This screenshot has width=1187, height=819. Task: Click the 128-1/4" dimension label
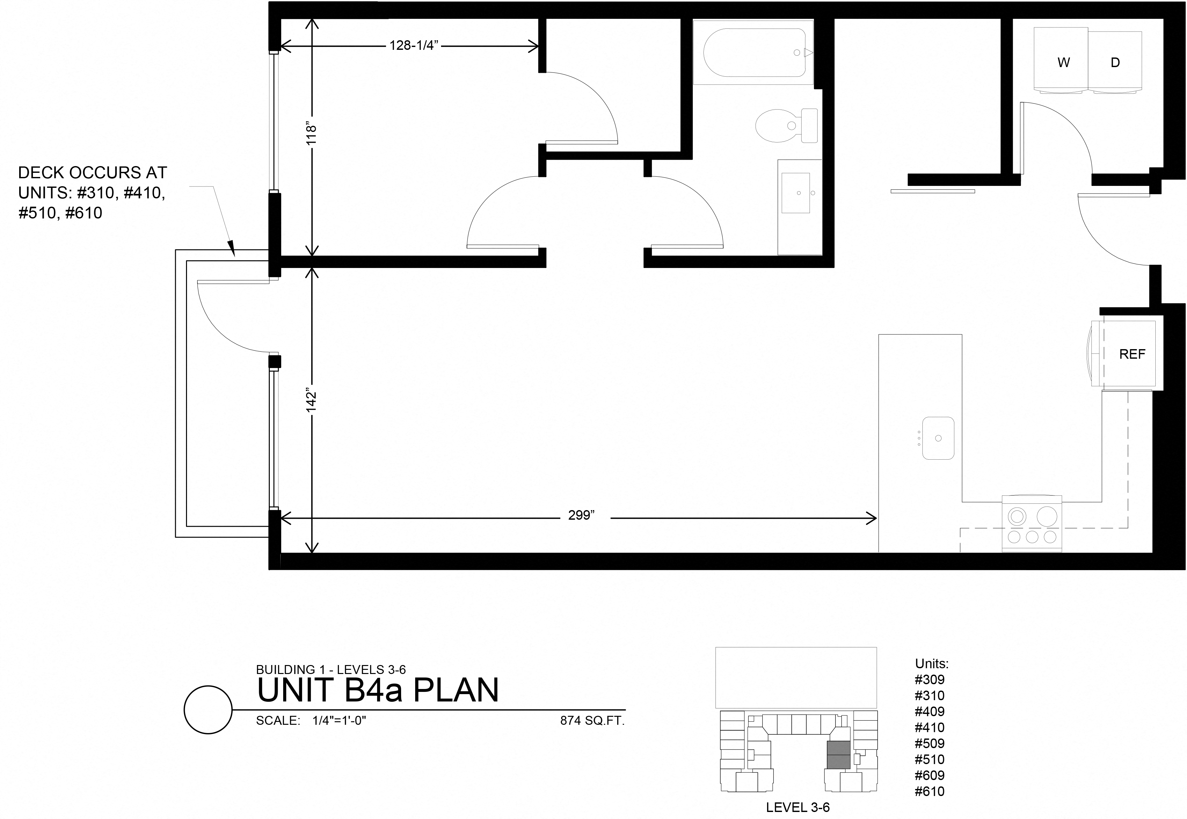[x=413, y=46]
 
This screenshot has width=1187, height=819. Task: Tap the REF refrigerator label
[x=1132, y=354]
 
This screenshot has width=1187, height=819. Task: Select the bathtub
[x=753, y=52]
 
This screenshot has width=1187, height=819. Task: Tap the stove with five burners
[x=1031, y=524]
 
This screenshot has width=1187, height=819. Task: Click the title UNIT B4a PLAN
[x=377, y=690]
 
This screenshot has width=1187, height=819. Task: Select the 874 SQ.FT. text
[x=592, y=721]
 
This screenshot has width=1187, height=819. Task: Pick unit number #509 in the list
[x=929, y=743]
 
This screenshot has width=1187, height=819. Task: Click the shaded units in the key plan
[x=838, y=754]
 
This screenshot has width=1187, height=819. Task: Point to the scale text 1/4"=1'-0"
[x=339, y=721]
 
